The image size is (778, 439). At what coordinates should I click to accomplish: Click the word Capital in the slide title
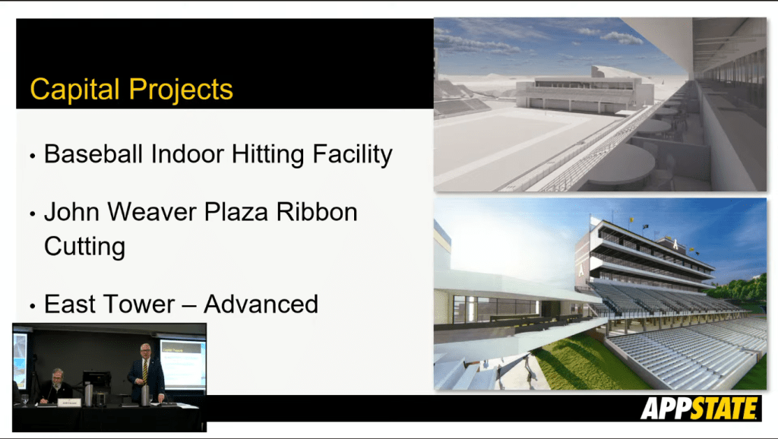point(75,90)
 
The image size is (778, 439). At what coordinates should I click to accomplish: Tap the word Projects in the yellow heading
point(181,90)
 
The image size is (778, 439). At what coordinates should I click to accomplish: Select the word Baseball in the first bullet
point(93,153)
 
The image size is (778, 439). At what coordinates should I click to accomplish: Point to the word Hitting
point(267,154)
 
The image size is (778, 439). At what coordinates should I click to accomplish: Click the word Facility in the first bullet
point(353,154)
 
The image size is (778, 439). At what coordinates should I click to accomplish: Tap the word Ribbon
point(317,212)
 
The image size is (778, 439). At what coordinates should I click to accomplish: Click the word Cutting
point(84,247)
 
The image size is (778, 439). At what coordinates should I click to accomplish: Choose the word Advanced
point(261,304)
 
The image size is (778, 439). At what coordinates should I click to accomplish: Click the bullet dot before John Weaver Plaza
point(33,213)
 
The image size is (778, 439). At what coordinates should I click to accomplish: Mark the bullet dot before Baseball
point(33,156)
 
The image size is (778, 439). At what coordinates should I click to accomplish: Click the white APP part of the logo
point(666,409)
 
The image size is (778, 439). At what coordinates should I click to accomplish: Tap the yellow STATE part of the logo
point(724,409)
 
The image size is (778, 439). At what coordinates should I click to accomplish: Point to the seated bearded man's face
point(57,376)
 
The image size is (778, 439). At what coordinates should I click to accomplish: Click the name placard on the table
point(69,403)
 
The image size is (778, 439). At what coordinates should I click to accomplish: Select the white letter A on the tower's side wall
point(582,270)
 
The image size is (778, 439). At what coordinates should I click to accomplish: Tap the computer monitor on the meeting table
point(96,379)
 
